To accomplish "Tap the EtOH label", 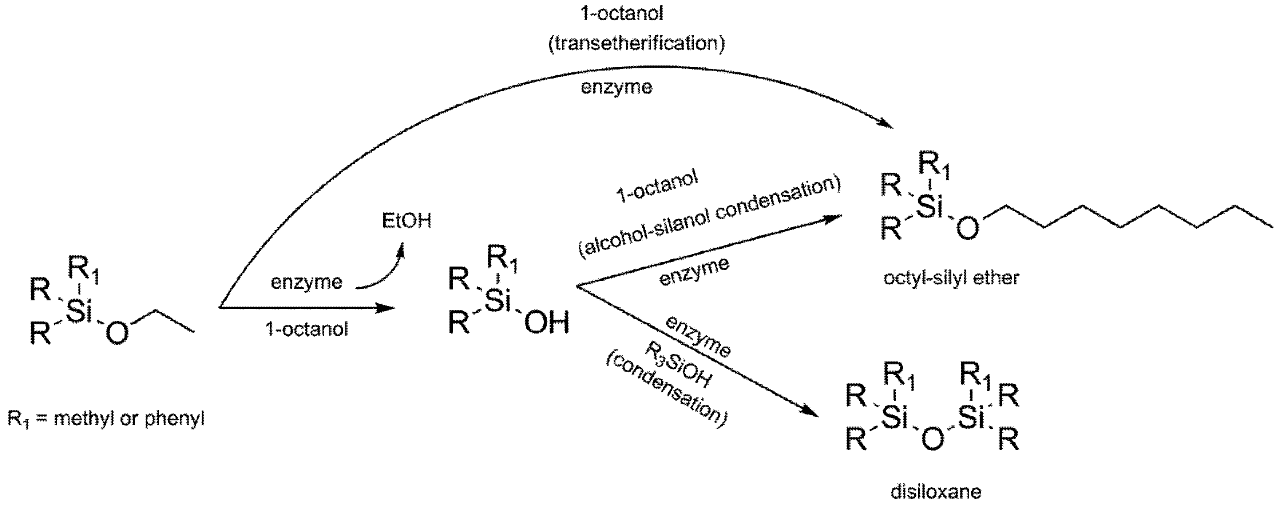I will pos(407,221).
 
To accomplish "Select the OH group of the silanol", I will pos(546,323).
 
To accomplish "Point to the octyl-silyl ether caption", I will pos(951,278).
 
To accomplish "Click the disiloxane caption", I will pos(935,492).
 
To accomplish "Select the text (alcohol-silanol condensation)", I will pos(709,216).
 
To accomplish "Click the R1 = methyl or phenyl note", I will pos(106,419).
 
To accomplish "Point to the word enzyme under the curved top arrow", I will pos(616,87).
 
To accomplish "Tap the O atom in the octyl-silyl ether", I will pos(967,229).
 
